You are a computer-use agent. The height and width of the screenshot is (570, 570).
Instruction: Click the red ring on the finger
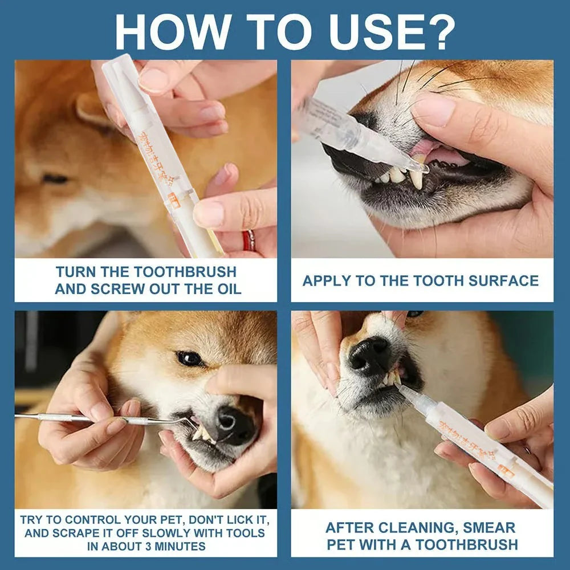pos(249,241)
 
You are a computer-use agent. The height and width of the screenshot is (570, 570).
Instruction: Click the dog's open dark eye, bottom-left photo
pos(189,359)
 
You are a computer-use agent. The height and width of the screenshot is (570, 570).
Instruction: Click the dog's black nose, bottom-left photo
pos(234,425)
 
